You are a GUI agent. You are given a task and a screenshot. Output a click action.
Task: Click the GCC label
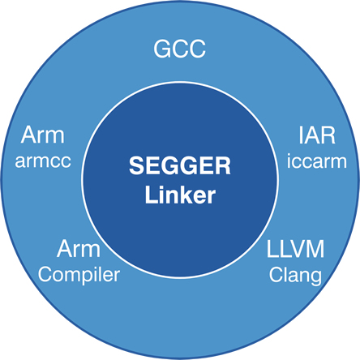180,49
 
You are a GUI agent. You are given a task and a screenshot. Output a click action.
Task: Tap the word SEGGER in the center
180,165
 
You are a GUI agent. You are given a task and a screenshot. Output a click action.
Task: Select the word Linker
180,195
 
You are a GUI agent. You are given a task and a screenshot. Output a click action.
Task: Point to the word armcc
43,161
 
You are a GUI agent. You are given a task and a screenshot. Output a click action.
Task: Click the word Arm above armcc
43,135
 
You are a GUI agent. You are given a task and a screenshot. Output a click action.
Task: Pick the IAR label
317,135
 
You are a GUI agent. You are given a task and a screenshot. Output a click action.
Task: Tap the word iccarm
317,161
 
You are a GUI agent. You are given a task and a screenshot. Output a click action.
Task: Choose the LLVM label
295,249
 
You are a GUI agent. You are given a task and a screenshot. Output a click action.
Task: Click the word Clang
295,276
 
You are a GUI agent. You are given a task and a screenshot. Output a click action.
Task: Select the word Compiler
79,275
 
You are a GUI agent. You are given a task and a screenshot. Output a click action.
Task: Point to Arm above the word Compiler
79,249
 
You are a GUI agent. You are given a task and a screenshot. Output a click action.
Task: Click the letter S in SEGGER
137,165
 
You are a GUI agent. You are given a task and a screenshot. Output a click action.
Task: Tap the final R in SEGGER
223,165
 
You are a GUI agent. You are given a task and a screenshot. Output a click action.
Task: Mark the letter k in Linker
185,195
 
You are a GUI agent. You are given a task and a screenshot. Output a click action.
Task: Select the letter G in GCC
162,49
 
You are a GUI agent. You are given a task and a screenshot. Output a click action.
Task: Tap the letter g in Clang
316,278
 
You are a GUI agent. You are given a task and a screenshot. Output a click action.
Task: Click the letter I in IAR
301,135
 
